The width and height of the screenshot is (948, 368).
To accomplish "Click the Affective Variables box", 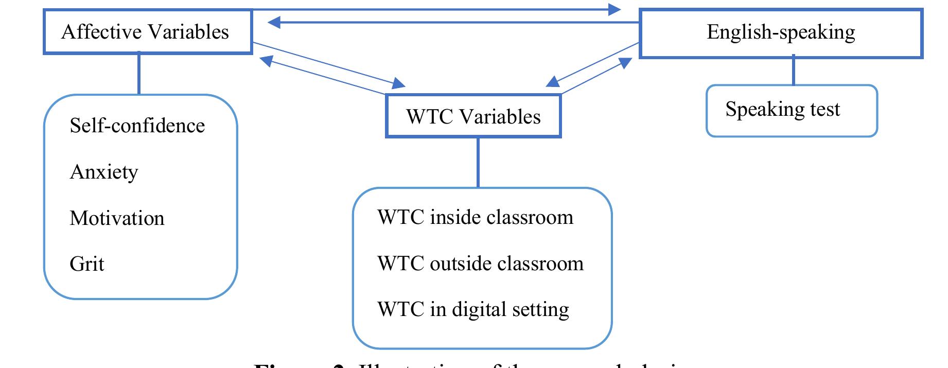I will pyautogui.click(x=148, y=32).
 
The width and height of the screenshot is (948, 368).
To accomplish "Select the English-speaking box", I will pyautogui.click(x=780, y=33).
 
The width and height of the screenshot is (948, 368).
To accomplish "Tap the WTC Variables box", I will pyautogui.click(x=473, y=116).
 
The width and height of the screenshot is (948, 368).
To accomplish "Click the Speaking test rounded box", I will pyautogui.click(x=791, y=111).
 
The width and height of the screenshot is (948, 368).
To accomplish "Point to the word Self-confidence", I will pyautogui.click(x=137, y=126).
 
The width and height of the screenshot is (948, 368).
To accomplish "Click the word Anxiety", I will pyautogui.click(x=103, y=172).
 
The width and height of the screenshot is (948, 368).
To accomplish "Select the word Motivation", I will pyautogui.click(x=117, y=218).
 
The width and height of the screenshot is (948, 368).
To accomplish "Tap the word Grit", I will pyautogui.click(x=86, y=264).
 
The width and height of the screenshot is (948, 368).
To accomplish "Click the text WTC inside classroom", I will pyautogui.click(x=475, y=217).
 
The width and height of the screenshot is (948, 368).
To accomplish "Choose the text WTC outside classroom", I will pyautogui.click(x=480, y=264).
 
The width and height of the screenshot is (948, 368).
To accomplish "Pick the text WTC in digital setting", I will pyautogui.click(x=472, y=309).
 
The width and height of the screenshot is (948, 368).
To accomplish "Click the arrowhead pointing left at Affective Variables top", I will pyautogui.click(x=274, y=22).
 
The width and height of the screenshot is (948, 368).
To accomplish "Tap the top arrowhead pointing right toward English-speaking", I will pyautogui.click(x=615, y=9).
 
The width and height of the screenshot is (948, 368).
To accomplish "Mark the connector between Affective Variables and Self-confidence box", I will pyautogui.click(x=139, y=74).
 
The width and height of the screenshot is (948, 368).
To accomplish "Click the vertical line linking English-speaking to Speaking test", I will pyautogui.click(x=793, y=71).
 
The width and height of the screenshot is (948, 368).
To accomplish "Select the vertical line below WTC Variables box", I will pyautogui.click(x=478, y=162).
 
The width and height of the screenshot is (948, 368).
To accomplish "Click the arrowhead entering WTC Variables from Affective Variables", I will pyautogui.click(x=399, y=83).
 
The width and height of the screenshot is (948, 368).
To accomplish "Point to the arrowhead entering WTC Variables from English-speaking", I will pyautogui.click(x=552, y=82).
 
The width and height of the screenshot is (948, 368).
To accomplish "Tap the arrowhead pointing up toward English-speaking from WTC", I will pyautogui.click(x=625, y=63).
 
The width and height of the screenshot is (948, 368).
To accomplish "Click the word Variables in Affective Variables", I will pyautogui.click(x=194, y=32).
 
